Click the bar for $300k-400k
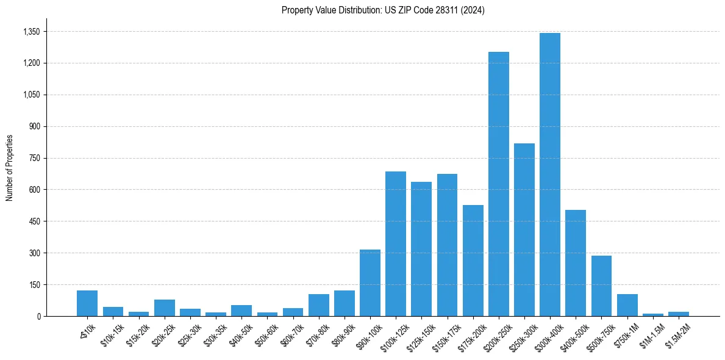[549, 175]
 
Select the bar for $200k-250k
[498, 184]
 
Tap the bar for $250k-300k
[524, 229]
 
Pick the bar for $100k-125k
[395, 243]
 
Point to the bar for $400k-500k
[575, 263]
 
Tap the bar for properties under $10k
[87, 303]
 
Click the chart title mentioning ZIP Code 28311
[383, 10]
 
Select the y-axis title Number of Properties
[10, 168]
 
